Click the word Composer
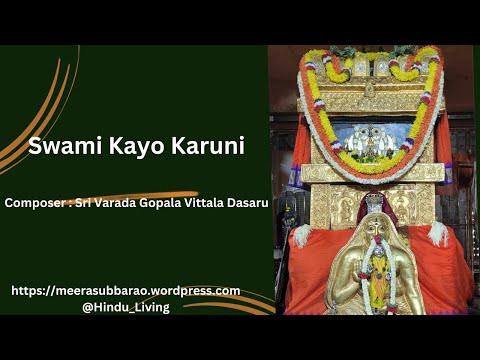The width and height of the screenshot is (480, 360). tap(34, 202)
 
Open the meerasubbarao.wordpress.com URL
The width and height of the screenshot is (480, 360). tap(125, 291)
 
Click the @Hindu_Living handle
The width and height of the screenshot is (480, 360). tap(125, 307)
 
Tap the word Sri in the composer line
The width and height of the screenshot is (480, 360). tap(84, 202)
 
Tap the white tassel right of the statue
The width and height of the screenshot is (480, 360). tap(437, 232)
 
